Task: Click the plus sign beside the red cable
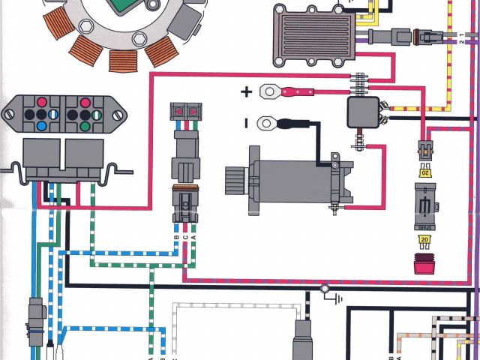click(x=247, y=92)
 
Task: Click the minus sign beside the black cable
click(x=246, y=122)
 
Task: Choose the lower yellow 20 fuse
click(x=425, y=240)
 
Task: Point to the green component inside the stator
click(x=125, y=6)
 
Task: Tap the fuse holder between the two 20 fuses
click(x=425, y=206)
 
